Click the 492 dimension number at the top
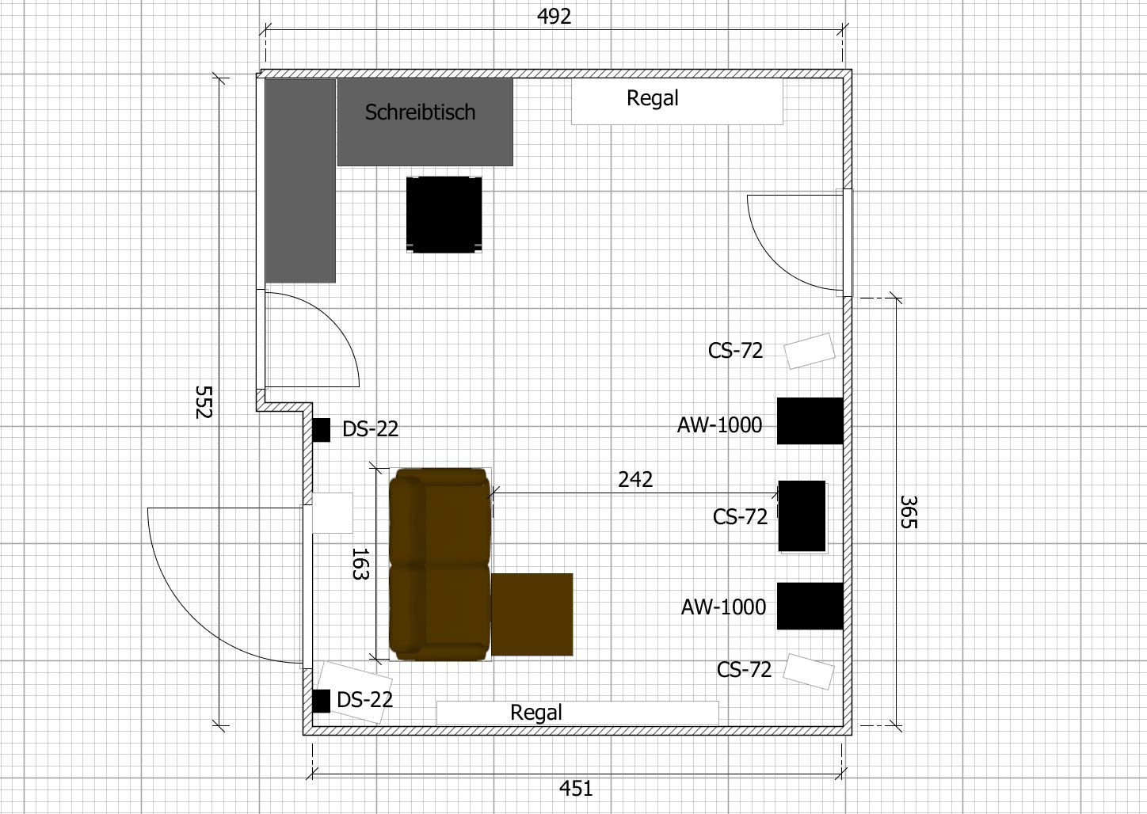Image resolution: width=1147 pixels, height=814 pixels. tap(554, 17)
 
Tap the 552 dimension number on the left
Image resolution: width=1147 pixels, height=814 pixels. tap(204, 402)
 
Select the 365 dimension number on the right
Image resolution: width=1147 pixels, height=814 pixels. tap(909, 512)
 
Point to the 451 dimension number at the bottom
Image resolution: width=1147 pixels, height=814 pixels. tap(576, 789)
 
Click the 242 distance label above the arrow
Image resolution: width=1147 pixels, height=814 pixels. tap(635, 480)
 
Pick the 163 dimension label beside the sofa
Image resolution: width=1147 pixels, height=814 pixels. tap(360, 564)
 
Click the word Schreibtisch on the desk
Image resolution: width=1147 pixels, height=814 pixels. tap(420, 112)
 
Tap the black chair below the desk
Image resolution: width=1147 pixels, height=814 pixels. tap(444, 215)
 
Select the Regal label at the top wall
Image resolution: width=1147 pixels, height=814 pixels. tap(653, 98)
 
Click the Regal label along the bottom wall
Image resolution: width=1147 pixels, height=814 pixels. tap(536, 713)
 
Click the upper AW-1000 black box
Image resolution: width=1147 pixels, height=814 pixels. tap(810, 420)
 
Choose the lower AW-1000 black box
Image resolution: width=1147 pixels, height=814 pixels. tap(810, 606)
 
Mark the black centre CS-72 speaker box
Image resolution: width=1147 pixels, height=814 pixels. tap(802, 516)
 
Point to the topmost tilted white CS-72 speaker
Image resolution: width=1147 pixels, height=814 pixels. tap(809, 351)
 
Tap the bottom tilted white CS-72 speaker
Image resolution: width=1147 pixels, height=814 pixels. tap(809, 671)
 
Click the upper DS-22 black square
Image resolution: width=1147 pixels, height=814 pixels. tap(322, 430)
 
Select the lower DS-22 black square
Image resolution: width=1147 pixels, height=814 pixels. tap(322, 701)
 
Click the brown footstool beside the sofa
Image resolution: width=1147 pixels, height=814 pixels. tap(532, 614)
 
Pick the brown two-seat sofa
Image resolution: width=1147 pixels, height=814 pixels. tap(440, 564)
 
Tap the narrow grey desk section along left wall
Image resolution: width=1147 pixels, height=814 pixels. tap(300, 181)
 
